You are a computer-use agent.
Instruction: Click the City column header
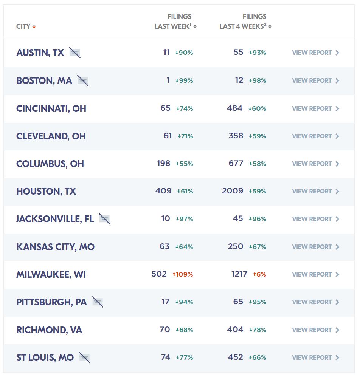[x=23, y=26]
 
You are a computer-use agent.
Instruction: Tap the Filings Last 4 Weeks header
[x=243, y=22]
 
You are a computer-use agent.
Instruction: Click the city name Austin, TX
[x=40, y=53]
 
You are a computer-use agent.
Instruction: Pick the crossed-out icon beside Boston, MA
[x=83, y=80]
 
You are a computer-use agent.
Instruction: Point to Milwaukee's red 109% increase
[x=183, y=274]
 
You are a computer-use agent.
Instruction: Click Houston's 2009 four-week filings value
[x=233, y=191]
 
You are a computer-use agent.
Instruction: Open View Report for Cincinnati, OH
[x=315, y=108]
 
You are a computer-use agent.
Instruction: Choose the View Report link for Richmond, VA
[x=315, y=330]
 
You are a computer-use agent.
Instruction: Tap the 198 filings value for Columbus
[x=164, y=164]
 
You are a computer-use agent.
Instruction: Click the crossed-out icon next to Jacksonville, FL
[x=104, y=219]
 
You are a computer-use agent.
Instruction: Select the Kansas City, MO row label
[x=55, y=247]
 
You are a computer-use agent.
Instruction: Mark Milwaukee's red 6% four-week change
[x=259, y=274]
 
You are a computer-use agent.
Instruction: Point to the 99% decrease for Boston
[x=184, y=80]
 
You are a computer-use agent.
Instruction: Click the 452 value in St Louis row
[x=236, y=357]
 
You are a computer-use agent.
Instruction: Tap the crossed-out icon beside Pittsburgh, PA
[x=98, y=302]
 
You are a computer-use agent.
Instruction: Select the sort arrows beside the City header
[x=34, y=26]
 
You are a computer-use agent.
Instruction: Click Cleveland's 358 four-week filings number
[x=236, y=136]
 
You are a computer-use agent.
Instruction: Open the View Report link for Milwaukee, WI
[x=315, y=274]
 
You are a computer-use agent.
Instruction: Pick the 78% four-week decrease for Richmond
[x=258, y=330]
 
